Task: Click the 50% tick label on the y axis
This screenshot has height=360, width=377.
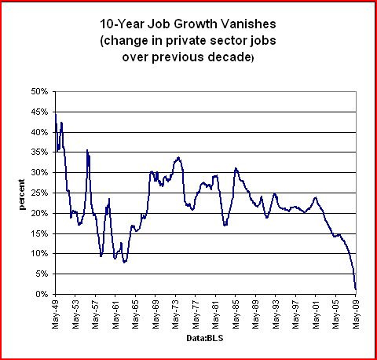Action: (x=39, y=92)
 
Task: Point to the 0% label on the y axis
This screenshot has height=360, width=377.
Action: (x=42, y=294)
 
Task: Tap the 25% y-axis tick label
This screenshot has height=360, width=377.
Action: (x=39, y=193)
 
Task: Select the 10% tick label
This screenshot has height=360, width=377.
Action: (x=39, y=254)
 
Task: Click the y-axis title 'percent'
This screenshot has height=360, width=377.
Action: (x=22, y=194)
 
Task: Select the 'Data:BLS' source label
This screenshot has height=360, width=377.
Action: (x=205, y=338)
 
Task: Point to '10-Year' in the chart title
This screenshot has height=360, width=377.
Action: (x=122, y=24)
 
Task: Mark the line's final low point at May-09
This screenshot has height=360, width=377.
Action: (x=356, y=289)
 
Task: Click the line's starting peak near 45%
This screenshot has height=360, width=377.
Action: (x=56, y=114)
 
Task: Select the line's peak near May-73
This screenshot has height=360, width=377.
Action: (x=178, y=158)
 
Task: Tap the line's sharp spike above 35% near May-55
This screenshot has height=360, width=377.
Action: (x=87, y=150)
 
